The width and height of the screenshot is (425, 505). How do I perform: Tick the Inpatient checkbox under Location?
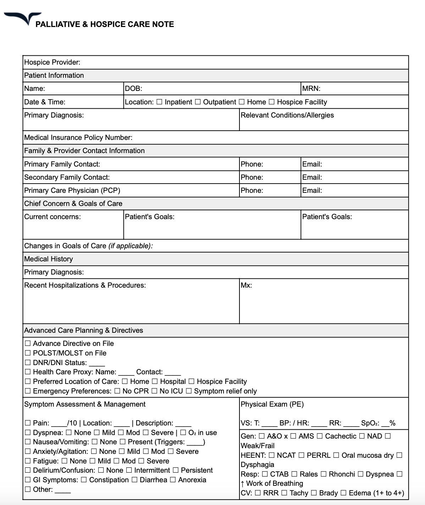coord(159,102)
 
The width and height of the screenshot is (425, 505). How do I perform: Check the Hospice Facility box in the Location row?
coord(271,102)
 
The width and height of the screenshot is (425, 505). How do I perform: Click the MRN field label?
coord(311,89)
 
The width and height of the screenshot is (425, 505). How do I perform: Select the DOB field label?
coord(133,89)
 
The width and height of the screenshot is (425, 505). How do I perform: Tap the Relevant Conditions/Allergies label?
coord(287,115)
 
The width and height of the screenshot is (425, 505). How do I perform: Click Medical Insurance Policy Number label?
coord(78,137)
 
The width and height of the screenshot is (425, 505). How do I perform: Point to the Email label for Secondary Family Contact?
coord(312,177)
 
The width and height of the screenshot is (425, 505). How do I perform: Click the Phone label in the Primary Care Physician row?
coord(252,190)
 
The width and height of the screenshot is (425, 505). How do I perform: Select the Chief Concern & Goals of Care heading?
coord(73,203)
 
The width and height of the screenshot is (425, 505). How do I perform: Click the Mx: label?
coord(246,285)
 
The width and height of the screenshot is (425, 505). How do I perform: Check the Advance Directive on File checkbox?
coord(28,343)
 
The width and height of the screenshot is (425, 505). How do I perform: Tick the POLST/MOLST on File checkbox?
coord(28,353)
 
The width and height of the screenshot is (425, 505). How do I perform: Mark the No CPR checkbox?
coord(117,391)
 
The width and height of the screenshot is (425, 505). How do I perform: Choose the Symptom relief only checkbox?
coord(189,391)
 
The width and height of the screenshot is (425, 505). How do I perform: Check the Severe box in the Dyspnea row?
coord(145,433)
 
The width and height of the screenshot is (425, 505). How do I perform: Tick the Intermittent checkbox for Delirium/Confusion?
coord(129,471)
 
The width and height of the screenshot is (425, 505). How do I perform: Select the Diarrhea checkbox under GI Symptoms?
coord(134,480)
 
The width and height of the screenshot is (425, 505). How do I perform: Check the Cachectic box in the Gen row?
coord(320,436)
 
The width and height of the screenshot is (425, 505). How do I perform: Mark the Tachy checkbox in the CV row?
coord(284,493)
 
